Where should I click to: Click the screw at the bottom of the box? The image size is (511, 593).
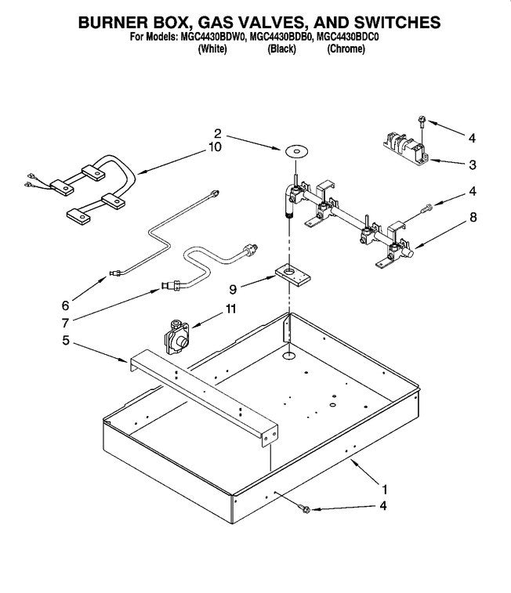pyautogui.click(x=306, y=510)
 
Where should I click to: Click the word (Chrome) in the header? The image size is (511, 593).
pyautogui.click(x=346, y=49)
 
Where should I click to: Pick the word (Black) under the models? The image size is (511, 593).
pyautogui.click(x=281, y=49)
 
